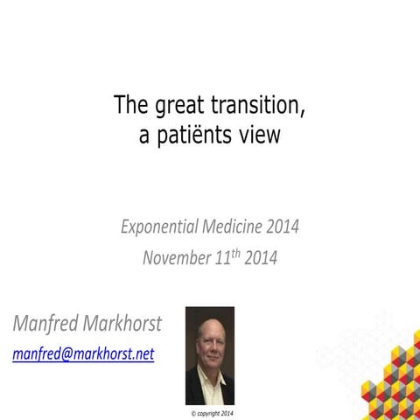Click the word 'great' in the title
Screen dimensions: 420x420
174,106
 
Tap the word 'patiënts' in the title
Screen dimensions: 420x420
202,136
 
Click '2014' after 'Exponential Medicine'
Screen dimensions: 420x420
283,227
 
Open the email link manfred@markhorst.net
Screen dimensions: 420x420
83,355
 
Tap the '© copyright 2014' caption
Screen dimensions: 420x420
211,411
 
